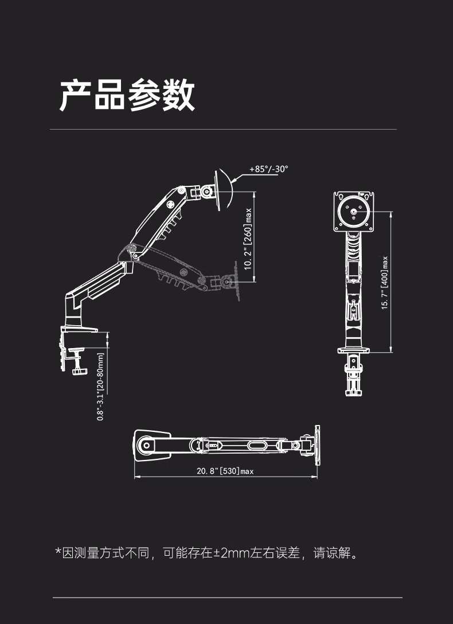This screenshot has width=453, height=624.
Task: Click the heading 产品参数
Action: (127, 95)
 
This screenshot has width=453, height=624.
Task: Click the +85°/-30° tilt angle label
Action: (268, 169)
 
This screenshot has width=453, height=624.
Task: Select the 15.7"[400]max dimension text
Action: (385, 282)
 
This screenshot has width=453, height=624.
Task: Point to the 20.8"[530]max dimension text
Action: (225, 471)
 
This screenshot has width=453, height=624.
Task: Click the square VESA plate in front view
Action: (354, 212)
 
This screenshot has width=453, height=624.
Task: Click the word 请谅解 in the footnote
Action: (331, 553)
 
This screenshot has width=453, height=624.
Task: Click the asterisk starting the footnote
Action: (58, 552)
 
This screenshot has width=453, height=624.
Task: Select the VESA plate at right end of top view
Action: (317, 444)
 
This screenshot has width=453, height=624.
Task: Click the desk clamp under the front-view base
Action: (354, 376)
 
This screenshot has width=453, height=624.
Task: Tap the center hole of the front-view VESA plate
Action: (354, 212)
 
